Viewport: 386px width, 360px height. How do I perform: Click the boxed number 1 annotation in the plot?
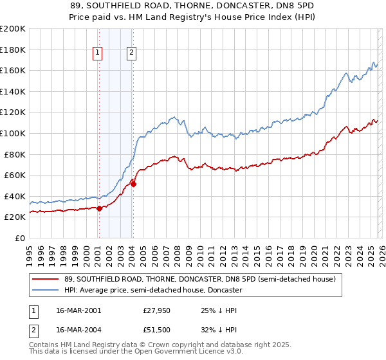pyautogui.click(x=98, y=53)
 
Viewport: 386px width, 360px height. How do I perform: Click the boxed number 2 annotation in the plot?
pyautogui.click(x=131, y=53)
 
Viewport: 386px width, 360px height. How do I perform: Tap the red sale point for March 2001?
pyautogui.click(x=99, y=208)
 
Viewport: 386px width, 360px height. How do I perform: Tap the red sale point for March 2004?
pyautogui.click(x=133, y=184)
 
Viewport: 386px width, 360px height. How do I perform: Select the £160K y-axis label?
pyautogui.click(x=12, y=70)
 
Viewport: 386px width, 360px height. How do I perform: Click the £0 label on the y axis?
pyautogui.click(x=18, y=238)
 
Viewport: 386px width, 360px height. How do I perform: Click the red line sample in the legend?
pyautogui.click(x=45, y=279)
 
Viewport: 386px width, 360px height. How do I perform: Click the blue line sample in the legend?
pyautogui.click(x=45, y=290)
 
